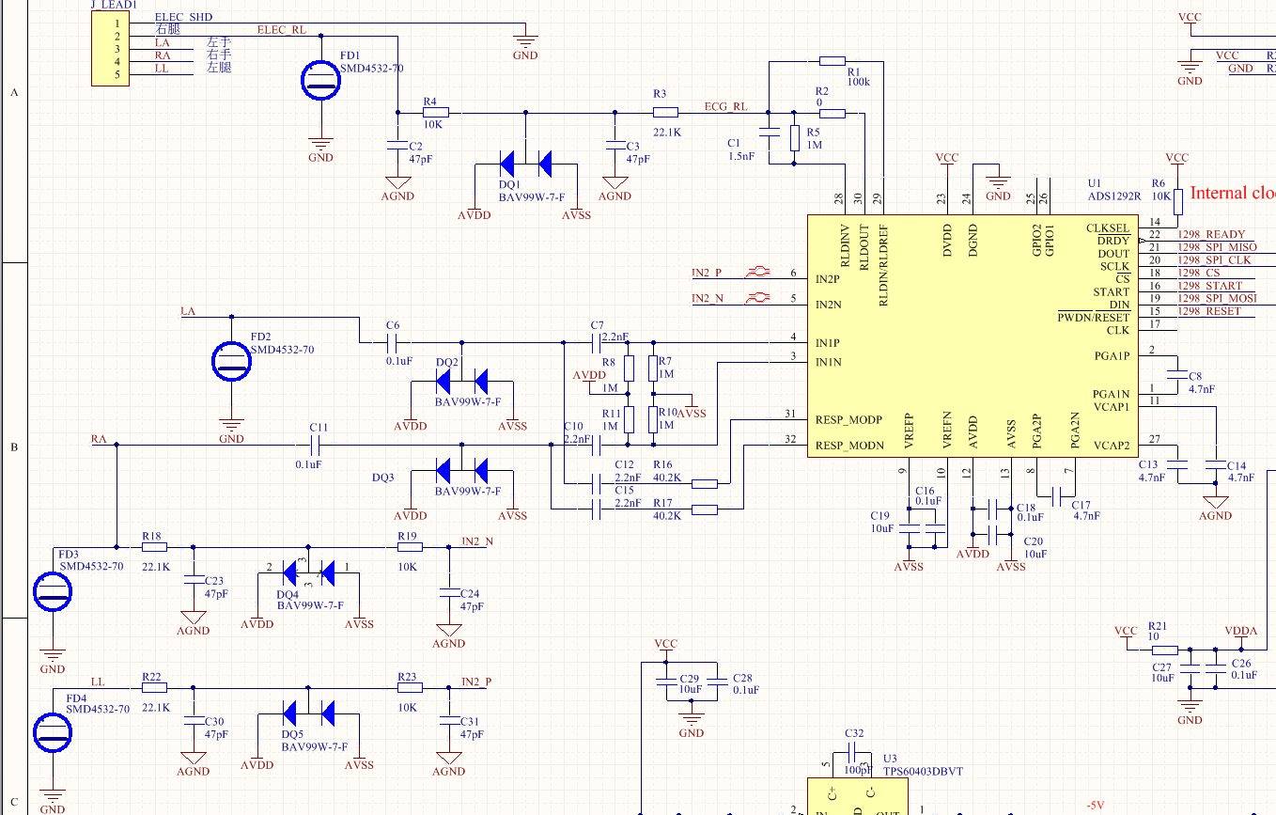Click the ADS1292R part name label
1113,196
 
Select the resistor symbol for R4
430,113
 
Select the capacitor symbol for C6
393,342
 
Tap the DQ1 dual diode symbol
524,165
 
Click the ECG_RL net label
726,106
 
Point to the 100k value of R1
858,82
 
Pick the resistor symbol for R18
154,546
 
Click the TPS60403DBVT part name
922,772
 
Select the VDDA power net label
1240,631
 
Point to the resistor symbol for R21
1164,650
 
